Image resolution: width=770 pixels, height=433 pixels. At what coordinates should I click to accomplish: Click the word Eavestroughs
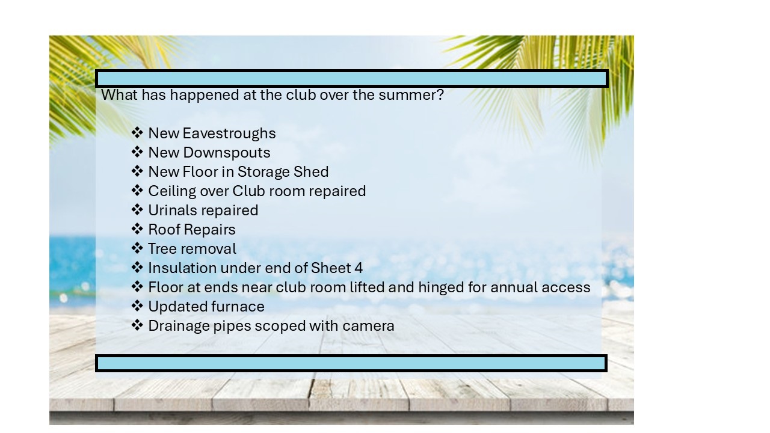click(229, 134)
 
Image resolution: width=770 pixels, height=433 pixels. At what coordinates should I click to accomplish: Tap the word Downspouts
click(227, 153)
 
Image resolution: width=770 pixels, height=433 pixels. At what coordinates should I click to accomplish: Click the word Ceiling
click(172, 192)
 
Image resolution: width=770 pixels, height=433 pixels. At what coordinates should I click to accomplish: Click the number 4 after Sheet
click(359, 268)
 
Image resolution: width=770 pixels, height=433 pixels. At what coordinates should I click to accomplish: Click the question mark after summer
click(440, 95)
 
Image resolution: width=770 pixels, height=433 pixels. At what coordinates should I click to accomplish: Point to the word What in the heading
click(119, 95)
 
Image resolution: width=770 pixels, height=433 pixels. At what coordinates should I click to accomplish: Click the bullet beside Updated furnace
click(137, 306)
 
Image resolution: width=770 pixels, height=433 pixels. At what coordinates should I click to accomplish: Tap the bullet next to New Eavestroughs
click(137, 133)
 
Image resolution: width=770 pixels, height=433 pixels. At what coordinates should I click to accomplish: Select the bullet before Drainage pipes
click(137, 325)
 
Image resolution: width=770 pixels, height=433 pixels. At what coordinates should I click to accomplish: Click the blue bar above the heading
click(352, 79)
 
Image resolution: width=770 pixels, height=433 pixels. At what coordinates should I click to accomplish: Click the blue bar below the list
click(351, 363)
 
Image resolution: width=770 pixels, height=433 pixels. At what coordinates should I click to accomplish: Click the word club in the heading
click(301, 95)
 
